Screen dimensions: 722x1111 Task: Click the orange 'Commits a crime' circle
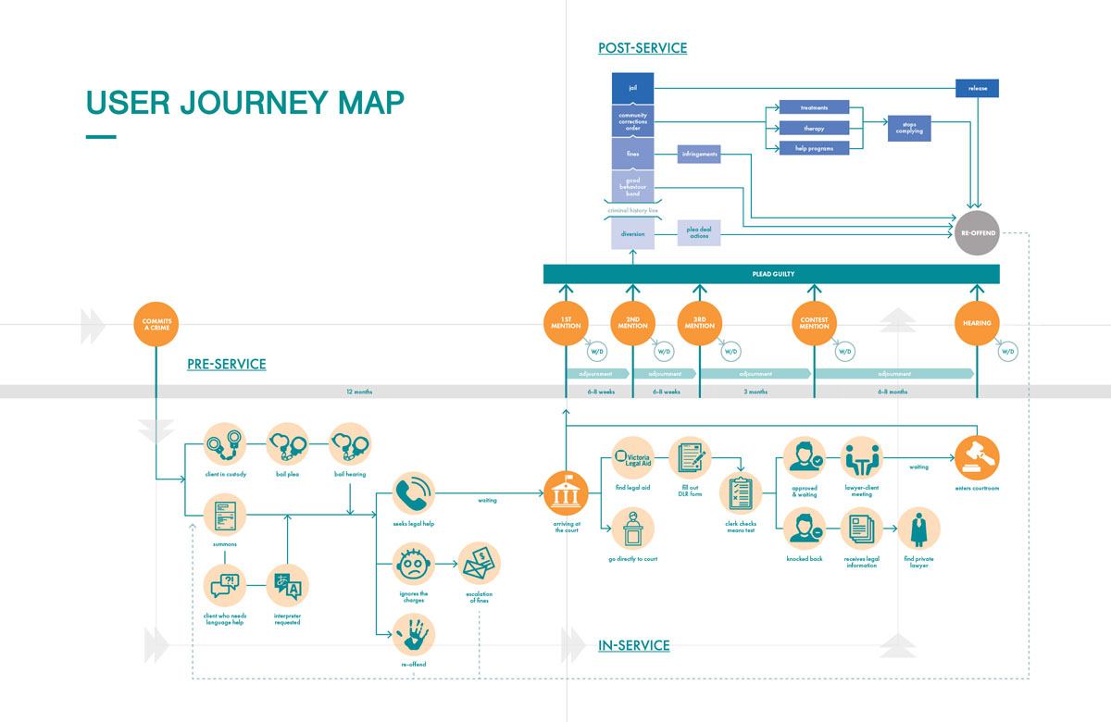(x=156, y=324)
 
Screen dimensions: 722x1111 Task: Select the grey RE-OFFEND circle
(x=978, y=233)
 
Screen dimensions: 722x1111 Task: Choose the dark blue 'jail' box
(x=633, y=88)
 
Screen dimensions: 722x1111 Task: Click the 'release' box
(x=978, y=88)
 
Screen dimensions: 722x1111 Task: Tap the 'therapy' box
(x=814, y=128)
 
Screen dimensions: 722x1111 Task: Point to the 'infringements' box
(x=699, y=154)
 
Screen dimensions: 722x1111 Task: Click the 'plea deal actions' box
(x=699, y=233)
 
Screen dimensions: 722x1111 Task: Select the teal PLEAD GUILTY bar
(x=772, y=274)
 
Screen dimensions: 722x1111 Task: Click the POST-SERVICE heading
(x=643, y=47)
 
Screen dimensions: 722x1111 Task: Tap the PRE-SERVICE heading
(x=226, y=365)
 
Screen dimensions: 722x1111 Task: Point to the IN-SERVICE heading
(x=633, y=645)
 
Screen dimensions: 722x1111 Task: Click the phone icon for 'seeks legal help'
(x=413, y=493)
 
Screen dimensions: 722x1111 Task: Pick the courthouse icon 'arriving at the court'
(x=565, y=493)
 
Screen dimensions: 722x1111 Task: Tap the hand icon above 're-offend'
(x=413, y=635)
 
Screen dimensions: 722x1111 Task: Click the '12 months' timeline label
(x=359, y=392)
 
